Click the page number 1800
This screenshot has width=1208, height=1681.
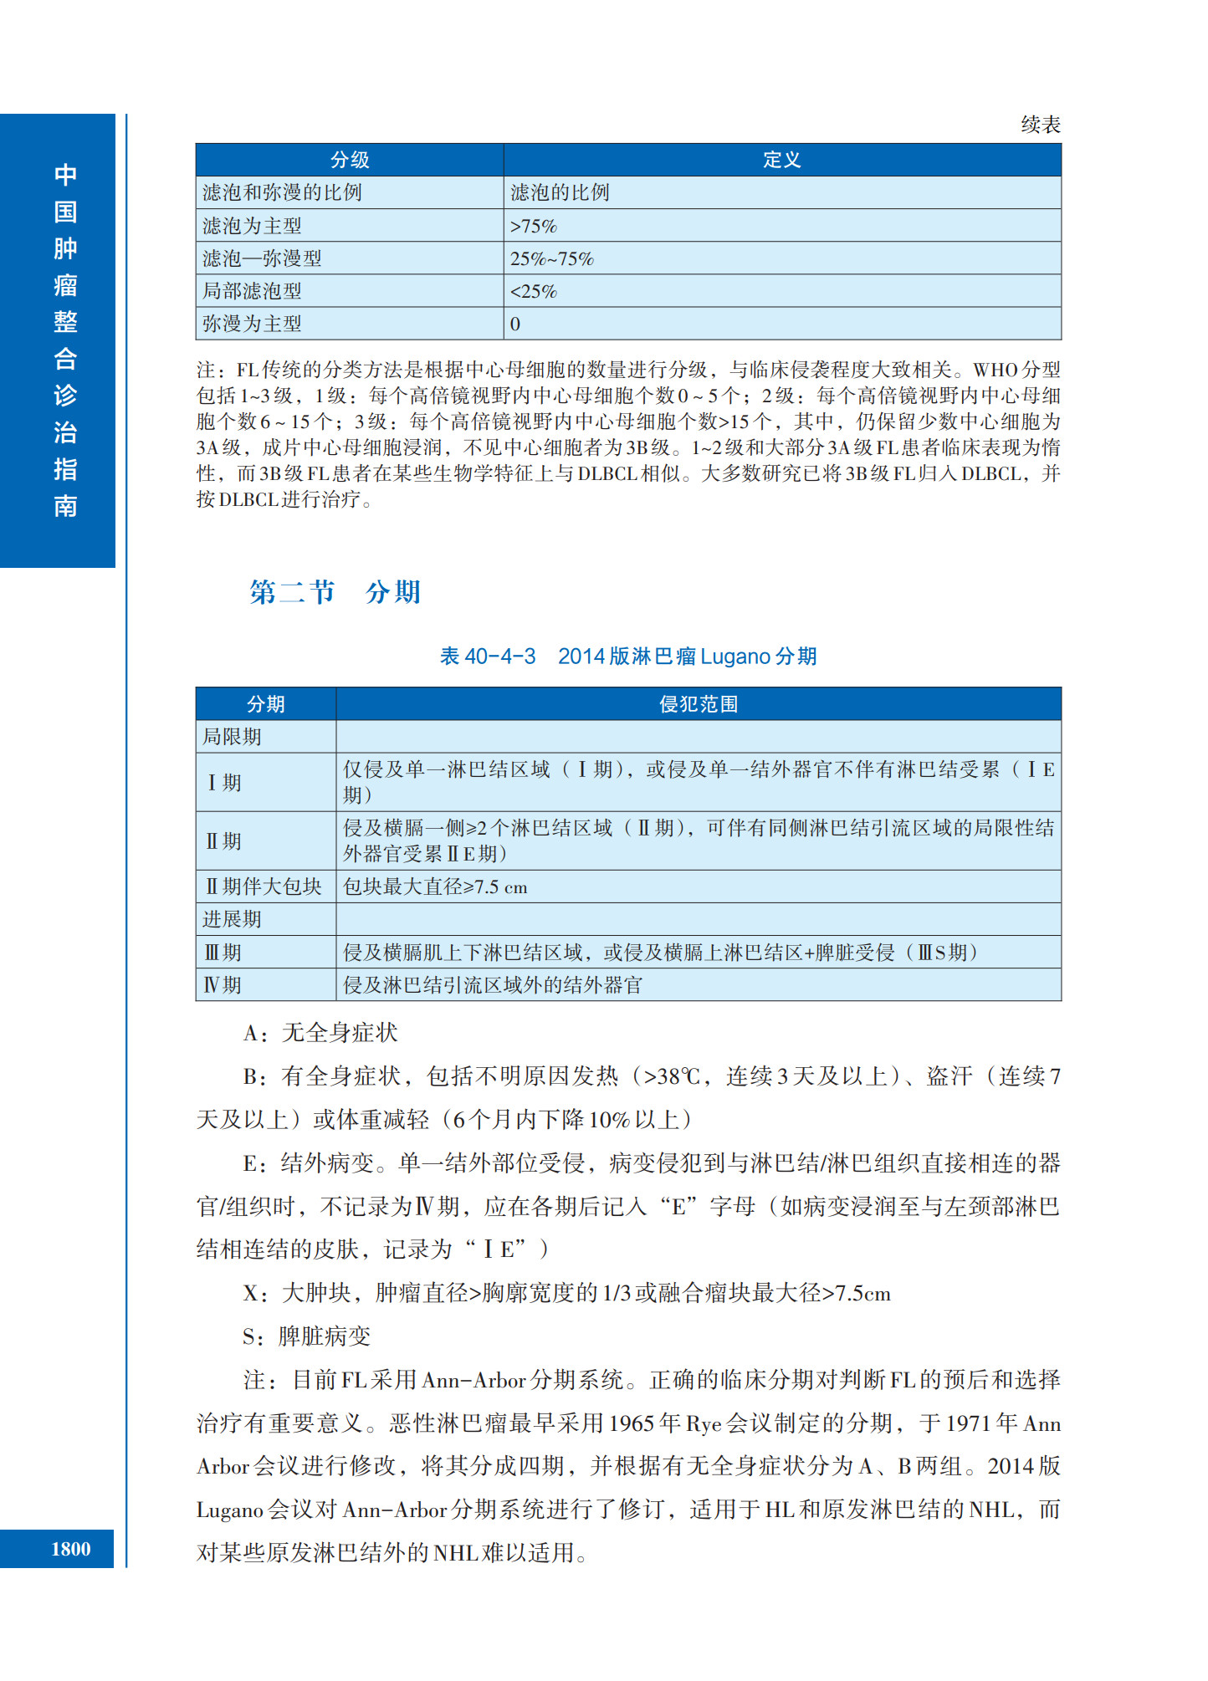(x=71, y=1549)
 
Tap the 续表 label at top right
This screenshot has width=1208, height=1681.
(x=1041, y=125)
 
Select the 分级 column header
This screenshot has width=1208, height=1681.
(x=350, y=160)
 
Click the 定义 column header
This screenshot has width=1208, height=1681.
(x=781, y=160)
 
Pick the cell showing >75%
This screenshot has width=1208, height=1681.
(x=534, y=226)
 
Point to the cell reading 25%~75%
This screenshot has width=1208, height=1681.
(x=552, y=258)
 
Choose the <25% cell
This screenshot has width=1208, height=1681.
(x=534, y=291)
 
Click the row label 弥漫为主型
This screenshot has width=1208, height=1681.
(x=252, y=324)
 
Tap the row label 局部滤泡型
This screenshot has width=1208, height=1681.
(x=252, y=291)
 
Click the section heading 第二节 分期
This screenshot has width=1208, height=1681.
(x=335, y=592)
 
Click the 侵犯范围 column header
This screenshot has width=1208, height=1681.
(x=699, y=704)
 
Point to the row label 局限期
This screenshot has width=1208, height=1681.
(x=232, y=737)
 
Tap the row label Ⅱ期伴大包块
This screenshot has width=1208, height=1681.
(x=264, y=886)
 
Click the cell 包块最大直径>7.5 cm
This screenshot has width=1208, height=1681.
(x=435, y=886)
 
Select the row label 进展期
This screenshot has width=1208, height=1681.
(x=232, y=919)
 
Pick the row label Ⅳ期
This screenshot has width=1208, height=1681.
(x=223, y=985)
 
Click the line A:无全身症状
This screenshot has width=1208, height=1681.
(x=320, y=1033)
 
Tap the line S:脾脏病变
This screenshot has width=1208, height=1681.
(x=306, y=1336)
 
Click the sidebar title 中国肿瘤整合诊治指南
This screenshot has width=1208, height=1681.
(x=65, y=340)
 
